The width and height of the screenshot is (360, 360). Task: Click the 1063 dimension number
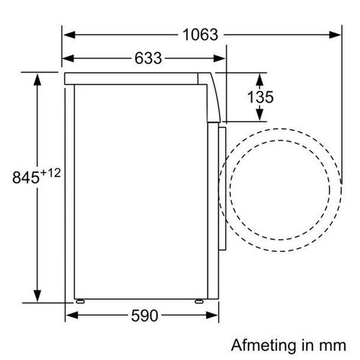pos(200,35)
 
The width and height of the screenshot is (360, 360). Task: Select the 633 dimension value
pos(148,58)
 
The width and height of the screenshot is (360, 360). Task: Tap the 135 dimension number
pos(261,97)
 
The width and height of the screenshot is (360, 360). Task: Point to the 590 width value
pos(145,315)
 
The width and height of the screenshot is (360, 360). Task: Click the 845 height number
pos(26,178)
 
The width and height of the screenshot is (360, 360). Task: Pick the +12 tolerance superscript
pos(50,173)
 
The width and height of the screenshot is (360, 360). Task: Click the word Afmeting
pos(264,346)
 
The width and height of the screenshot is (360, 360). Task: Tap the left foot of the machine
pos(80,301)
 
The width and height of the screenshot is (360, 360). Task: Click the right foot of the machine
pos(199,301)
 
